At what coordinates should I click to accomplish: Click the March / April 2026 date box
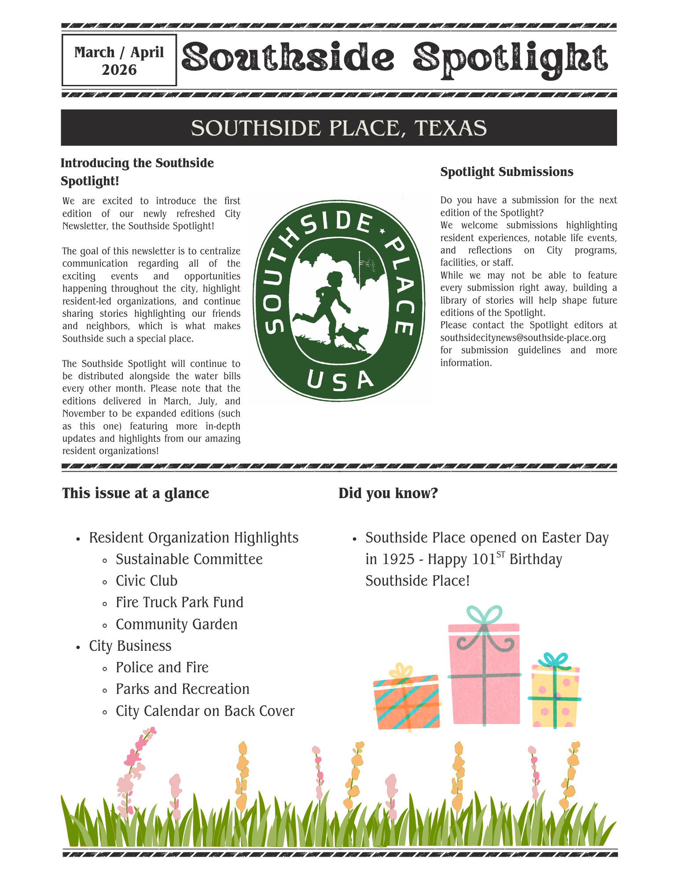pos(119,60)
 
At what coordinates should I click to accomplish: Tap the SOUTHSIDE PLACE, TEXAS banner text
pos(339,128)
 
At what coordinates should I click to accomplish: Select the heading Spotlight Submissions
pos(507,172)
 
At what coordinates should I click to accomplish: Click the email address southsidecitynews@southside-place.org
pos(523,338)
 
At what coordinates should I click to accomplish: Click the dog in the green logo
pos(354,337)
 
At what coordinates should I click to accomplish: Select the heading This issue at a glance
pos(136,493)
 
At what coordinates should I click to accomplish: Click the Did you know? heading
pos(388,493)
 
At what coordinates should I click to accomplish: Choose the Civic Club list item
pos(147,581)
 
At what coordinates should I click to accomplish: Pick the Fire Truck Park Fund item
pos(180,602)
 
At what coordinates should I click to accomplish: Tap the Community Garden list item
pos(176,624)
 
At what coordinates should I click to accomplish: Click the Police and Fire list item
pos(162,667)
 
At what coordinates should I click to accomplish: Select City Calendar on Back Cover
pos(205,711)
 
